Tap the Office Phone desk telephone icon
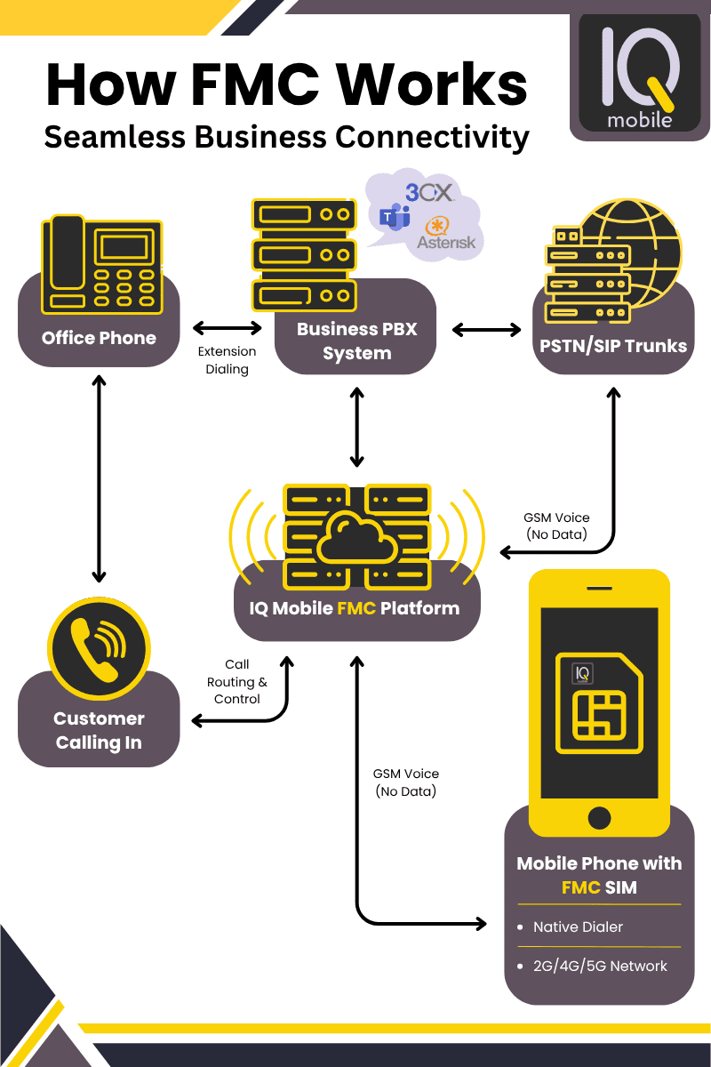101,268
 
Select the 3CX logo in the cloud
429,192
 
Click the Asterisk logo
446,234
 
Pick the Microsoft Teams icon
394,217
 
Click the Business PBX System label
356,341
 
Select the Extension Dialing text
227,360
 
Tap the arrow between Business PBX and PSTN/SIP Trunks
487,330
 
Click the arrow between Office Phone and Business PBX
227,328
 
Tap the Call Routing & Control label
237,682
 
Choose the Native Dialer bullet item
578,927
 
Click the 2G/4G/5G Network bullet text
600,966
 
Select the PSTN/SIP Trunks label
613,345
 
